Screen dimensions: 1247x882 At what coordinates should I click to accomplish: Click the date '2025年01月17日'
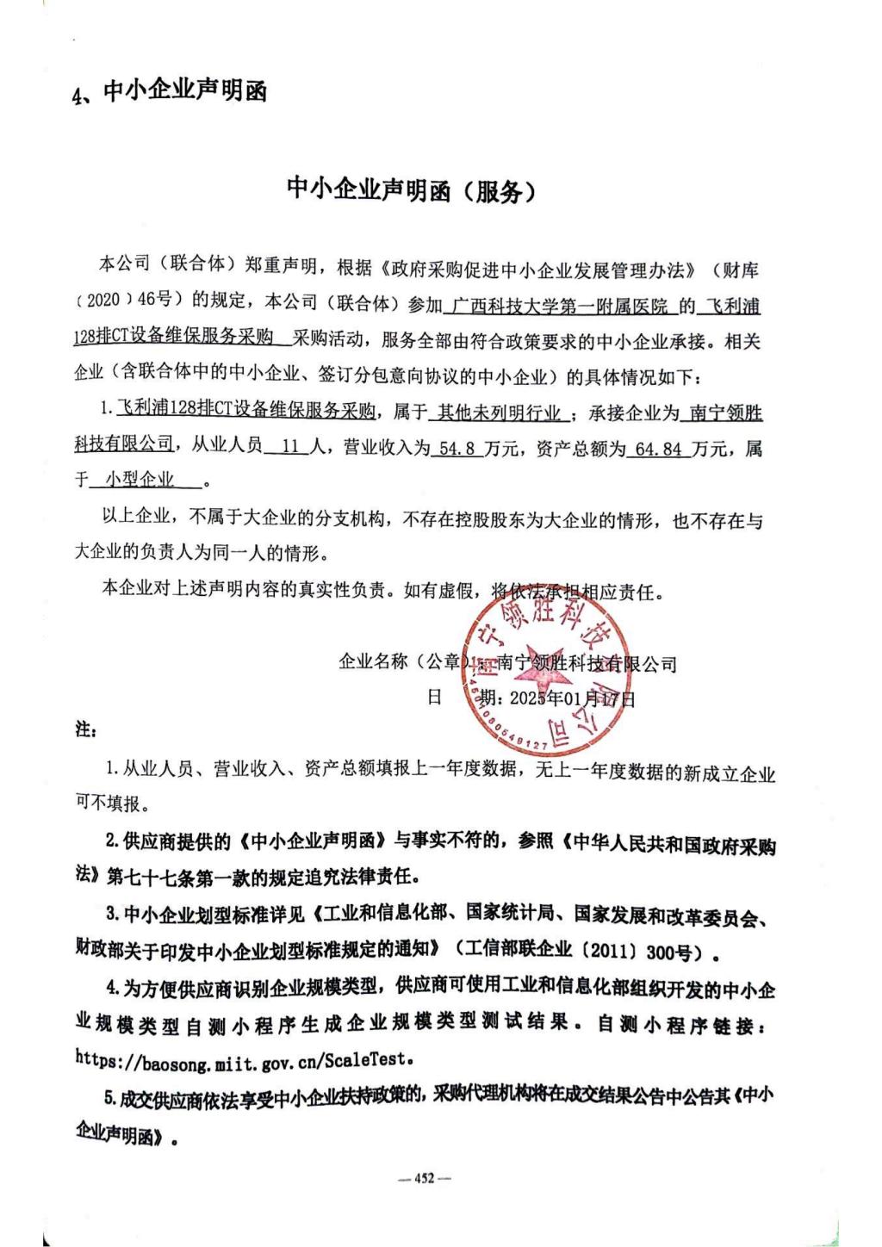(572, 698)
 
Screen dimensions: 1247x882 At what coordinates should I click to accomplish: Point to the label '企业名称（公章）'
(401, 662)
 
